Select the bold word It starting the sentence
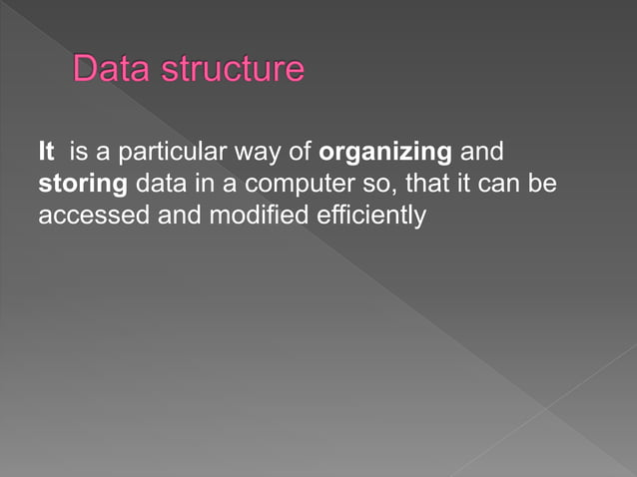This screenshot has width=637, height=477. point(45,154)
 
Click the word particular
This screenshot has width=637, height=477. point(158,155)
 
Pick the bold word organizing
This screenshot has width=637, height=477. point(384,155)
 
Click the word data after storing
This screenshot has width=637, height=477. point(157,185)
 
